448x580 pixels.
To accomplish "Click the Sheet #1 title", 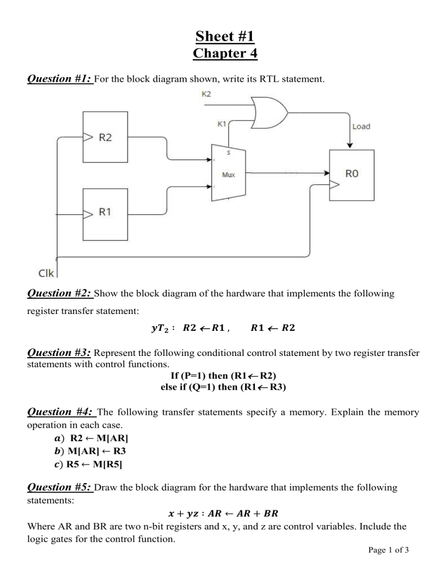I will coord(224,37).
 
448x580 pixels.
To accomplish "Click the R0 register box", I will coord(349,173).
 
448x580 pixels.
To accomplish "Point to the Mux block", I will coord(228,174).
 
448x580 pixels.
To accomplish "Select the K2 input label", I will coord(206,93).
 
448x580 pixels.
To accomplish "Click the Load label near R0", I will coord(360,126).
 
